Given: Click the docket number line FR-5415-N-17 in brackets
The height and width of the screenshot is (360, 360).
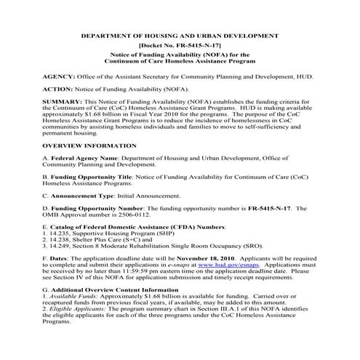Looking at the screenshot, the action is click(x=179, y=45).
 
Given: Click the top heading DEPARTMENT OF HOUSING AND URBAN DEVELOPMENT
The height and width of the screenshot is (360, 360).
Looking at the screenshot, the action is click(x=180, y=35).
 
